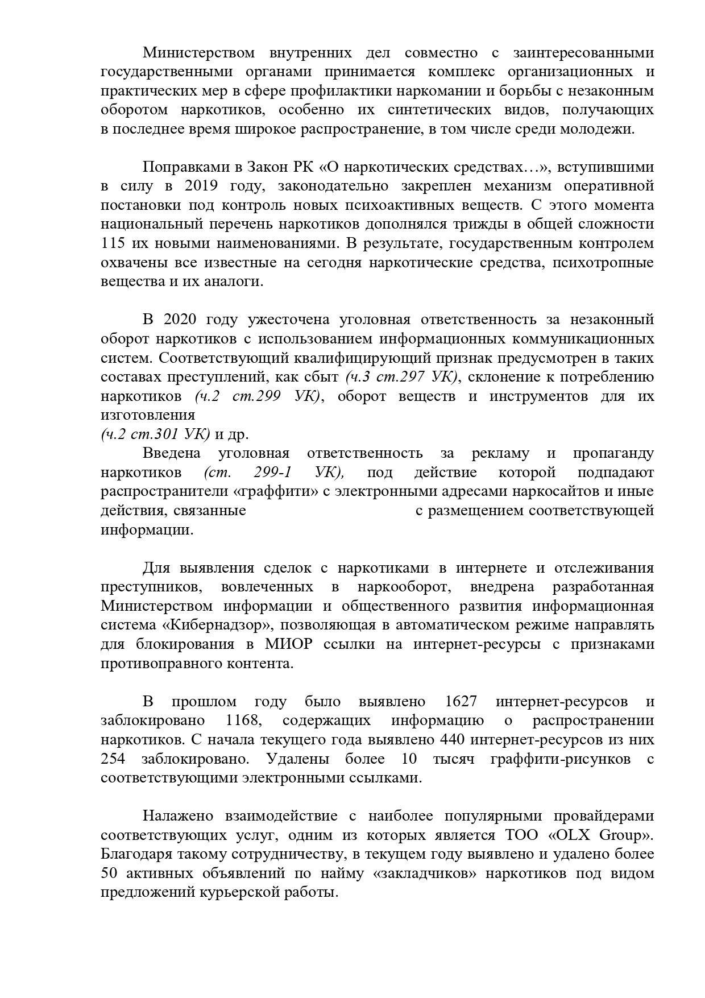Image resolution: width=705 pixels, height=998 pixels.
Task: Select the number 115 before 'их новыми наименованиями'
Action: click(113, 243)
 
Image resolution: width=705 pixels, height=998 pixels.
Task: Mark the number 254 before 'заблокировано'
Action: click(113, 759)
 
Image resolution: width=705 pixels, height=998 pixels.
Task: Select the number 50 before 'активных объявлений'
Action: click(109, 873)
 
